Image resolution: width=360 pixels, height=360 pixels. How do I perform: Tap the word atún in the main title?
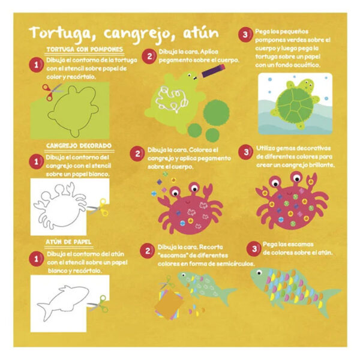(x=201, y=32)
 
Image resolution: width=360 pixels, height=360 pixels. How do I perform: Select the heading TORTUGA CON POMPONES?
(x=85, y=49)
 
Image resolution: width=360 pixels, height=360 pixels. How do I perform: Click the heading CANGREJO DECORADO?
(x=79, y=146)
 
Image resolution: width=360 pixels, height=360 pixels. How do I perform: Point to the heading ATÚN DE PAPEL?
(x=68, y=242)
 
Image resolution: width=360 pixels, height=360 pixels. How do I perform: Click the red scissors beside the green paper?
(x=52, y=91)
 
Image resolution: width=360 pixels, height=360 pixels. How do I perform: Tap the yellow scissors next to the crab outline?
(x=99, y=208)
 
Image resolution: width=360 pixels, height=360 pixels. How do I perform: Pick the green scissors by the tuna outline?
(x=99, y=304)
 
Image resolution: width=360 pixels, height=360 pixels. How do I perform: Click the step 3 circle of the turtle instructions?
(x=245, y=34)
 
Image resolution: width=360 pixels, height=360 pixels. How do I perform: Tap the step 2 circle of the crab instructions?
(x=137, y=154)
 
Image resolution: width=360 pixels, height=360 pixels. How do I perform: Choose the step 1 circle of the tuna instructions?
(x=36, y=259)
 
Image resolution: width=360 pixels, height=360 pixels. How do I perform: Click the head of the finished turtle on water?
(x=307, y=85)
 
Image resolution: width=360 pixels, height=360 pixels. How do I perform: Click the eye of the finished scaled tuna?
(x=259, y=272)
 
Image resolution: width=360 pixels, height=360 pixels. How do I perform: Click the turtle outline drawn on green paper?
(x=73, y=111)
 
